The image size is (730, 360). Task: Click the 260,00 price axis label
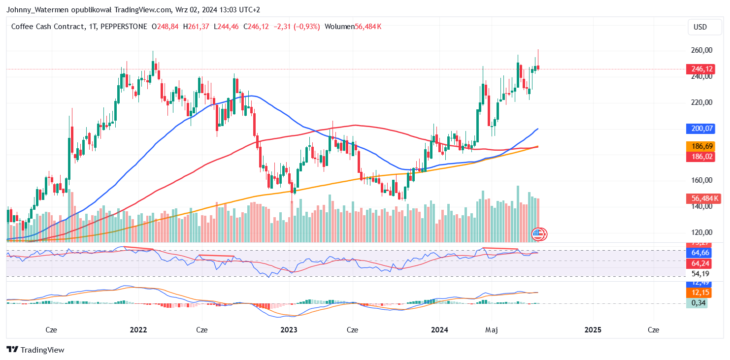click(x=701, y=50)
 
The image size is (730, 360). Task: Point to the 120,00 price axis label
click(x=701, y=232)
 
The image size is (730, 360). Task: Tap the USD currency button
click(x=700, y=27)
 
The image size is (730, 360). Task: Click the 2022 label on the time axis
click(x=138, y=329)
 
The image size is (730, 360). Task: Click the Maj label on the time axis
click(x=491, y=329)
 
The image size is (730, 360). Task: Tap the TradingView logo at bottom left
click(x=35, y=350)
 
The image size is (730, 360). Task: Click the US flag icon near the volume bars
click(x=538, y=234)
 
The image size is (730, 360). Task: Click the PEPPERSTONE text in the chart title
click(x=123, y=26)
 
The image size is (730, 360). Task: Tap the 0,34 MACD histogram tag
click(x=698, y=303)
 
